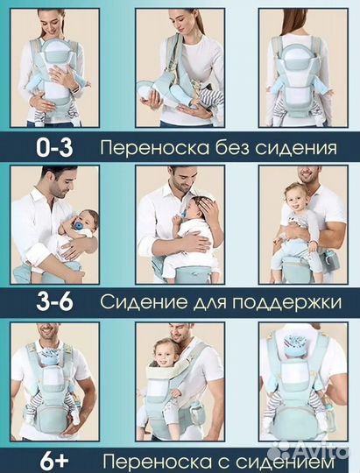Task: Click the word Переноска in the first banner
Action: click(152, 148)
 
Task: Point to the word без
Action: click(232, 148)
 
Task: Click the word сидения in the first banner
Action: click(298, 148)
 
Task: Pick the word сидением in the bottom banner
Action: click(293, 460)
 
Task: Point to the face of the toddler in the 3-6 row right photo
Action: click(296, 198)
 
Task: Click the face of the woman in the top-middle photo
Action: click(185, 22)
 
